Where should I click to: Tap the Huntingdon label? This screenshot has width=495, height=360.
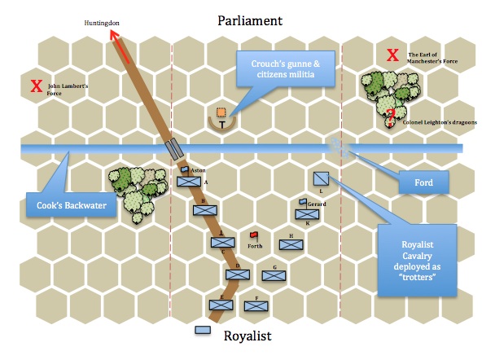point(102,23)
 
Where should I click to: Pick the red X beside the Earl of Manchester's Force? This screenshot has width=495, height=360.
point(393,55)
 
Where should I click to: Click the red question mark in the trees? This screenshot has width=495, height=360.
point(392,115)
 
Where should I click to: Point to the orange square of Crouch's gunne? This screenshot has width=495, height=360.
point(221,112)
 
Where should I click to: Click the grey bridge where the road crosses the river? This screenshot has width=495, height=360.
point(173,149)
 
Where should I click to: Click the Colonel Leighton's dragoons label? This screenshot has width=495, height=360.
point(440,123)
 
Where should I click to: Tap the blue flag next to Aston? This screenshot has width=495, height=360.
point(186,169)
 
